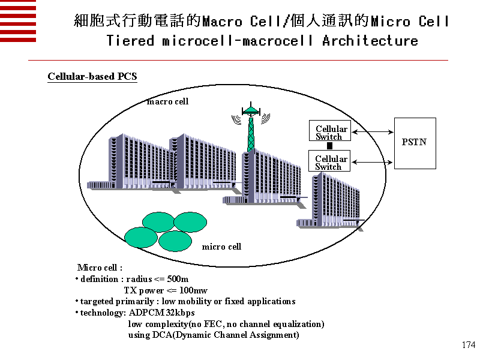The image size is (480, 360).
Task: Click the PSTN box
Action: click(415, 143)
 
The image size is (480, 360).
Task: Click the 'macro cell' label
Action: click(168, 101)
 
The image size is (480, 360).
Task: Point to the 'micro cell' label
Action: click(221, 247)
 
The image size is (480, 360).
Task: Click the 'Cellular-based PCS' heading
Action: click(92, 76)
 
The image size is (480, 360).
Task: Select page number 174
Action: click(469, 345)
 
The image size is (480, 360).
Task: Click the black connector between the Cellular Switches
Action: click(329, 146)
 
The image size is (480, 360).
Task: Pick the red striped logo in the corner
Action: click(18, 21)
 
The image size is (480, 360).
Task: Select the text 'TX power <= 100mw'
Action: click(166, 290)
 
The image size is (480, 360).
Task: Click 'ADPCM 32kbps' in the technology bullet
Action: click(162, 313)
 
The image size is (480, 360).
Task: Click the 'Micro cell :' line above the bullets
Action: click(100, 268)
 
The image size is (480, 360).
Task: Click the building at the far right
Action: click(330, 201)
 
